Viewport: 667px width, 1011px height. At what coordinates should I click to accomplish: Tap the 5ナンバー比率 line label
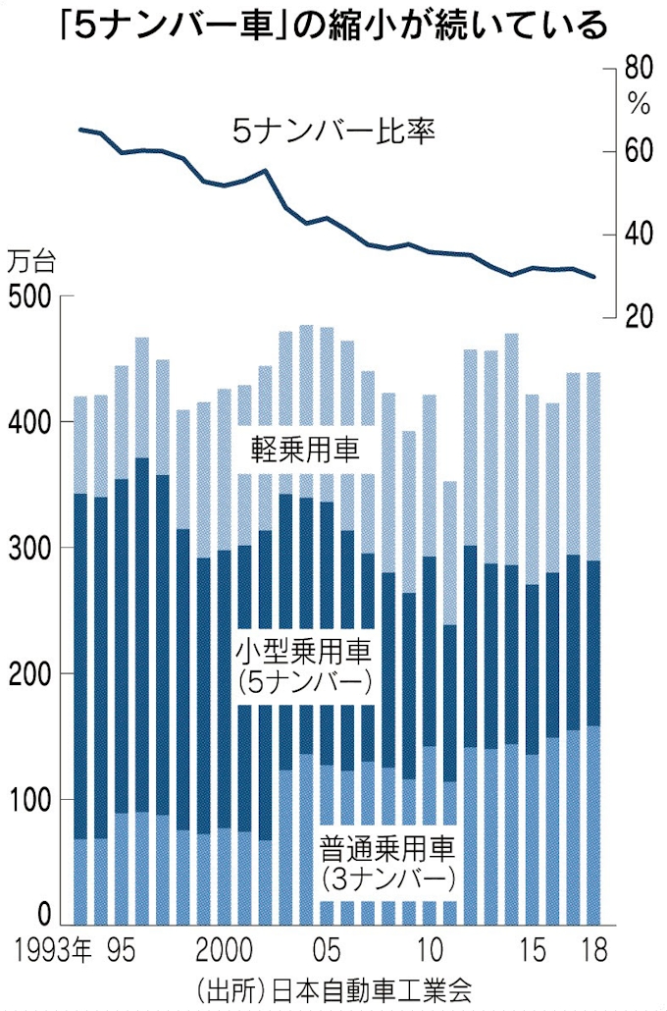[333, 130]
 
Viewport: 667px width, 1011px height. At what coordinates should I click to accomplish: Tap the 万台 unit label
[32, 263]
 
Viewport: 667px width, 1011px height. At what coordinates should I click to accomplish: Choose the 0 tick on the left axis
[40, 916]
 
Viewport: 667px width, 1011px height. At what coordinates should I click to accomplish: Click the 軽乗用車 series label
[306, 451]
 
